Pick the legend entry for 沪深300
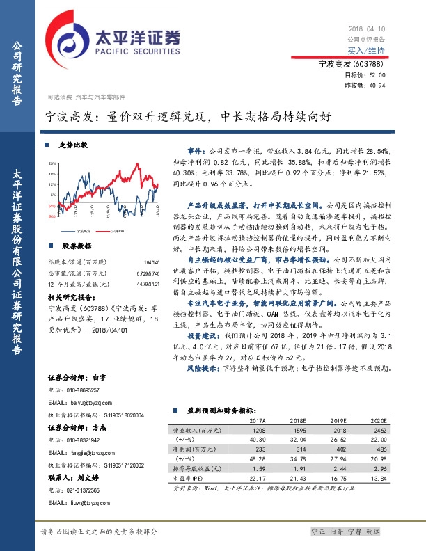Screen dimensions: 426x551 (120, 229)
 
